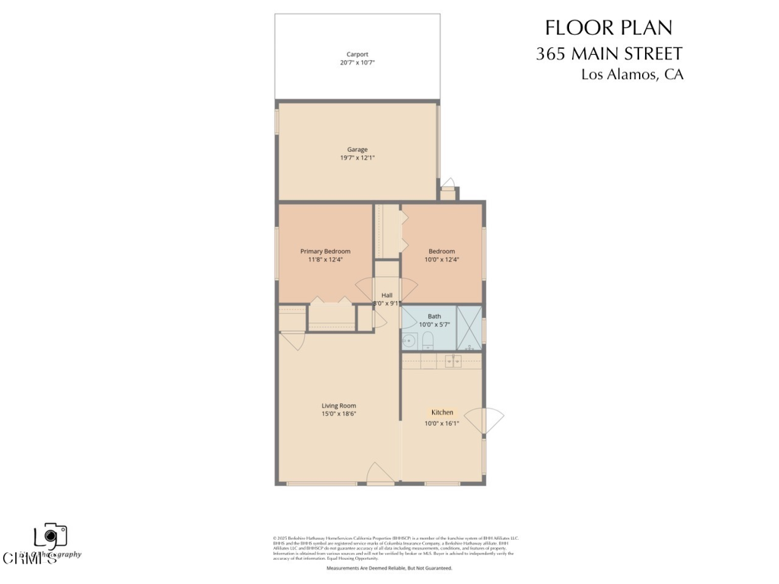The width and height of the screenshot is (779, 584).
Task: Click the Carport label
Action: (358, 54)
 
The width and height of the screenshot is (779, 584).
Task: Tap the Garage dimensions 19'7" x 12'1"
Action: (358, 158)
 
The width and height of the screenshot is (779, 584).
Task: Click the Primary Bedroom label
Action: (326, 251)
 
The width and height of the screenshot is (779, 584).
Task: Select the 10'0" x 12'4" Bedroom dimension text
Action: (441, 260)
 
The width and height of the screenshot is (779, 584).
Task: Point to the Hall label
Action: (386, 295)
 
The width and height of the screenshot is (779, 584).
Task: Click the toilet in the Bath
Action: (427, 339)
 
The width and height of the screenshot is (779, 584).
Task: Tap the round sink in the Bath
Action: (409, 341)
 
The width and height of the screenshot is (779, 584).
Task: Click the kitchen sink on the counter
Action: (454, 361)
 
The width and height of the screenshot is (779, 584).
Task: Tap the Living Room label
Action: (339, 405)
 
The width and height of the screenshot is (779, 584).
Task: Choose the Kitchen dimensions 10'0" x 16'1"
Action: (441, 424)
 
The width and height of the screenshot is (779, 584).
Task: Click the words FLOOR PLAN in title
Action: (609, 28)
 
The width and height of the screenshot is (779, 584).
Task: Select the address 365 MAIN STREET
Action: (609, 53)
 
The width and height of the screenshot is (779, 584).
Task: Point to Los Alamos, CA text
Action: (632, 75)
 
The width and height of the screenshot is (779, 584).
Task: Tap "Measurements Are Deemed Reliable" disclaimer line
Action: (389, 568)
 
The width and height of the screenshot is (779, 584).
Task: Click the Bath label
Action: (434, 316)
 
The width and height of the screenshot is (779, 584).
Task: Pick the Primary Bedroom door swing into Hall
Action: (369, 290)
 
